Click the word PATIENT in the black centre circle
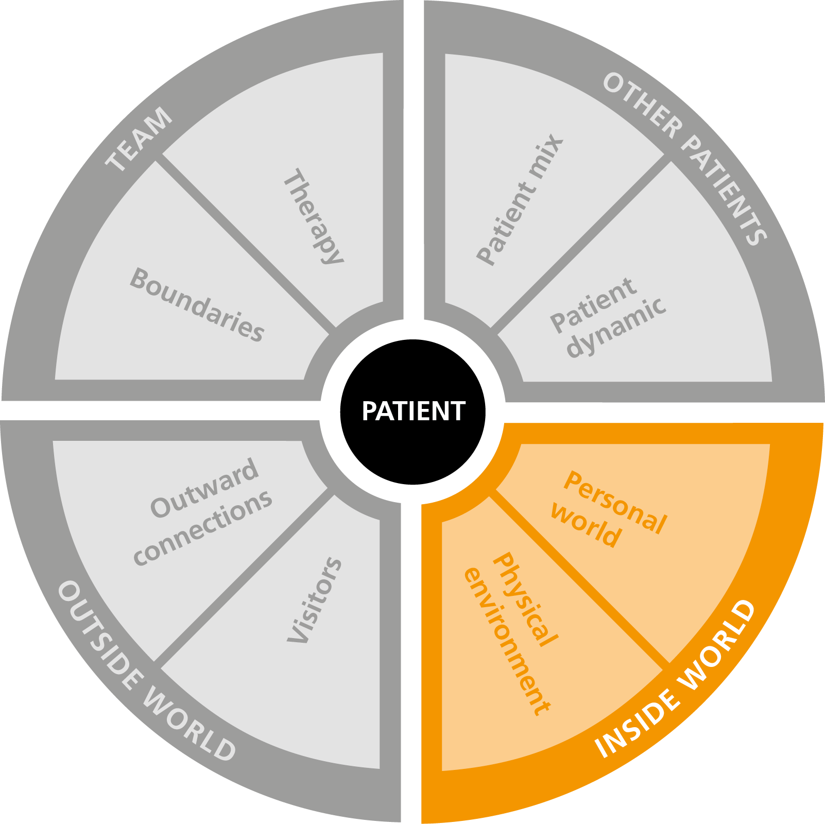[414, 411]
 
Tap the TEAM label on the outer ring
[139, 139]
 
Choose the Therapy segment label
[313, 216]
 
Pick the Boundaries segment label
[197, 305]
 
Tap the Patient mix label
[520, 199]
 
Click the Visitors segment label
[314, 600]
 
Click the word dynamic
[616, 327]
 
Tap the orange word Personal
[615, 502]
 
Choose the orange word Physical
[525, 599]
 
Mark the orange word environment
[507, 641]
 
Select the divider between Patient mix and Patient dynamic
[579, 244]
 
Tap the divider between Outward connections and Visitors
[242, 577]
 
